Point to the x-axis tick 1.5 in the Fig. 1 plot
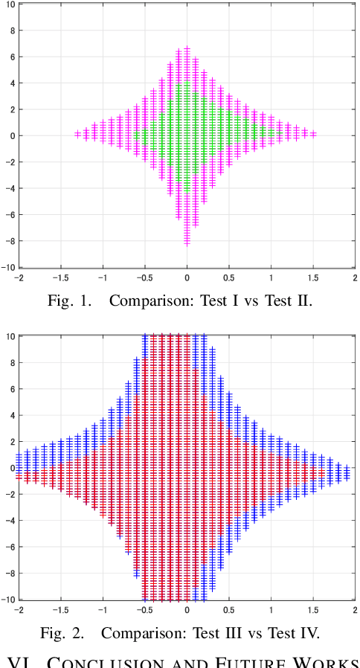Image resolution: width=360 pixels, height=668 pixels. click(313, 277)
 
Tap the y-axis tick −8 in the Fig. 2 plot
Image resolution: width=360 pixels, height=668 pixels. click(9, 573)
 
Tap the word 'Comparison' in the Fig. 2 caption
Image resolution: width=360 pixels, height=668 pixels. click(137, 633)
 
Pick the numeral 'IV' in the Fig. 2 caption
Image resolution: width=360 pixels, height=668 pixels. click(309, 633)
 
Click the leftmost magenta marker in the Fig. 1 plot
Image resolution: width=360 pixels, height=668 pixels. click(77, 135)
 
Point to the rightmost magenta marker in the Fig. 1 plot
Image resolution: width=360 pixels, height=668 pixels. click(313, 135)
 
